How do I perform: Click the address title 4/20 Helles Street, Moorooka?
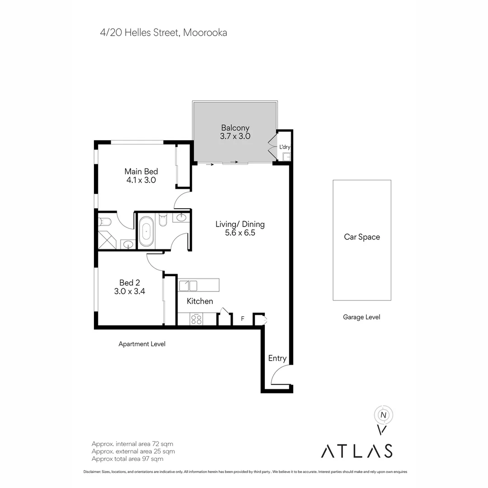pyautogui.click(x=164, y=33)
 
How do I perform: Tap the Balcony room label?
pyautogui.click(x=235, y=128)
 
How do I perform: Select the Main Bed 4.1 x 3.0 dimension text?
pyautogui.click(x=141, y=180)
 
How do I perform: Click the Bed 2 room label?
pyautogui.click(x=130, y=282)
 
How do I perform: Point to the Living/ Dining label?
pyautogui.click(x=240, y=225)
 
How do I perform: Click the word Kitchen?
pyautogui.click(x=200, y=301)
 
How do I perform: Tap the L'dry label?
pyautogui.click(x=285, y=147)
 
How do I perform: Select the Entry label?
pyautogui.click(x=277, y=358)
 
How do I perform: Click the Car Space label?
pyautogui.click(x=362, y=237)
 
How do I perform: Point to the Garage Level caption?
pyautogui.click(x=361, y=317)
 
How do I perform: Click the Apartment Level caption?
pyautogui.click(x=142, y=344)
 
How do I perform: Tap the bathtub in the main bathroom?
pyautogui.click(x=145, y=231)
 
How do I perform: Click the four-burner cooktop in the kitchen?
pyautogui.click(x=197, y=319)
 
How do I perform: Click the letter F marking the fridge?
pyautogui.click(x=243, y=319)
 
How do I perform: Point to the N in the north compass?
pyautogui.click(x=384, y=415)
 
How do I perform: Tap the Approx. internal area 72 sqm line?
pyautogui.click(x=132, y=444)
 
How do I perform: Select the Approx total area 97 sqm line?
pyautogui.click(x=127, y=459)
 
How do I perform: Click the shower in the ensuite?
pyautogui.click(x=107, y=239)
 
